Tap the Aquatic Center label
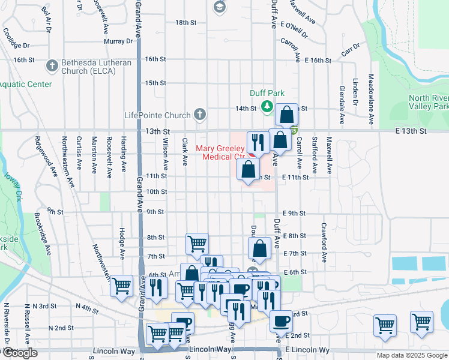point(25,84)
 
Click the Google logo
point(19,353)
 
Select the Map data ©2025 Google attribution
point(412,355)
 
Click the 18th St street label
point(182,22)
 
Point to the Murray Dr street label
point(118,41)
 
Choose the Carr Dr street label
point(350,50)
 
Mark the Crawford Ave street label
point(324,243)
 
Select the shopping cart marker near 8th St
point(197,242)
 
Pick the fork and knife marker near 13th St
point(258,142)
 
